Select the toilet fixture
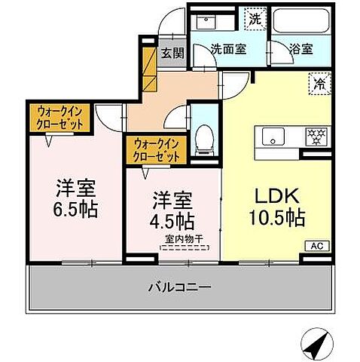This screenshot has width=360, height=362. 202,140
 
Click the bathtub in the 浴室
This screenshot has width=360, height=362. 300,20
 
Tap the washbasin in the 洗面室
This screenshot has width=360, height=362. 206,20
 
